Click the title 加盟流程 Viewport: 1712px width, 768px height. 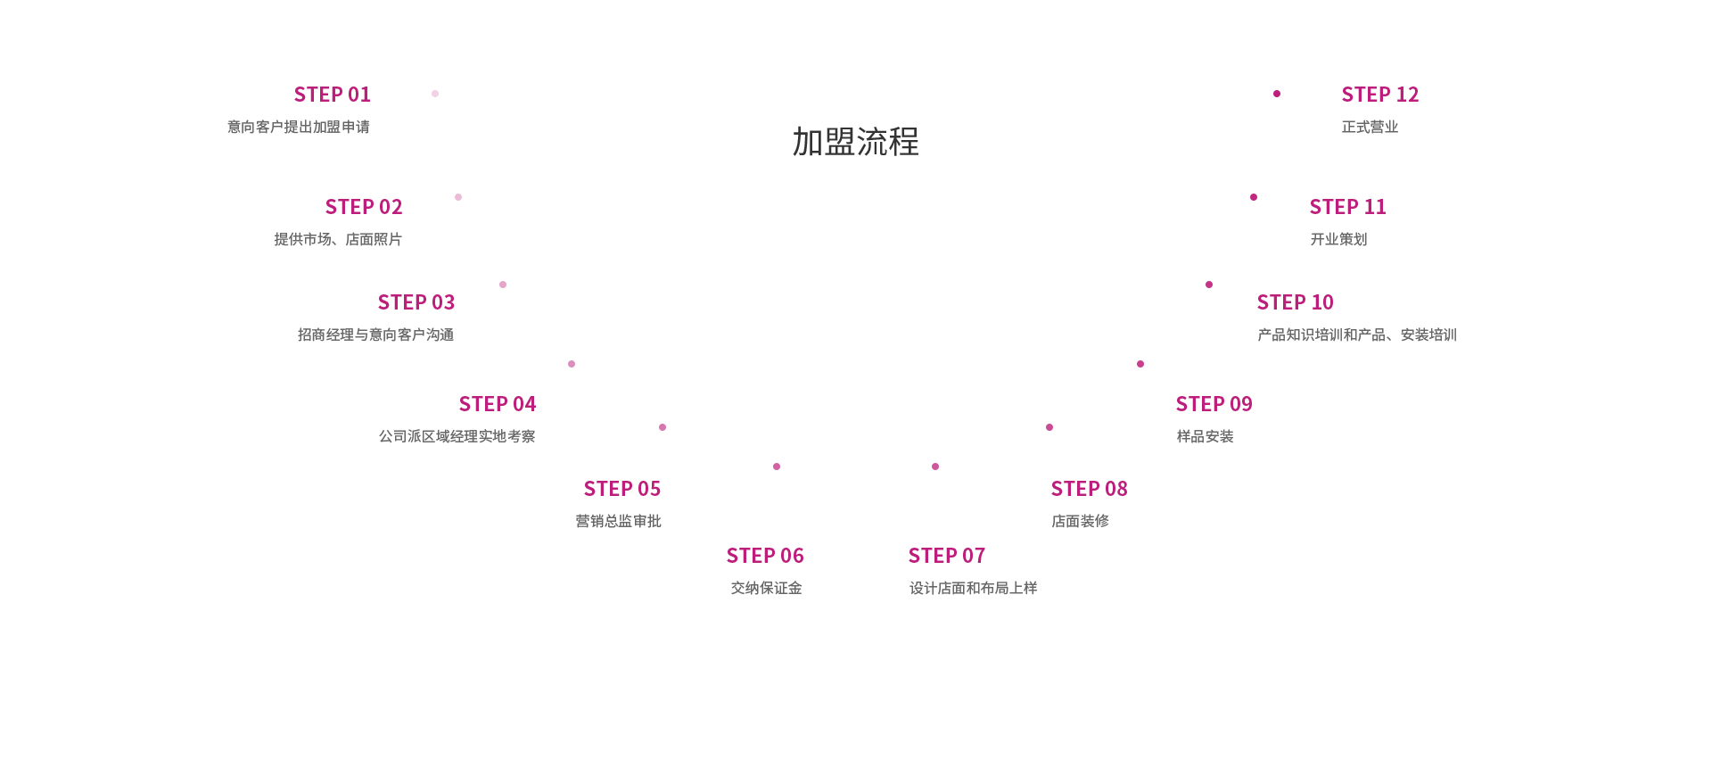coord(855,141)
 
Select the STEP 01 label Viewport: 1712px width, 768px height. coord(332,95)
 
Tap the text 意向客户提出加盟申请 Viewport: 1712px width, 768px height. coord(298,127)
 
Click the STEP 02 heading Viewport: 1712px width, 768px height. coord(364,207)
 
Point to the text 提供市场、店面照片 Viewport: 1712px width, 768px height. coord(337,239)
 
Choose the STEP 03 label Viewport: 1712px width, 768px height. coord(416,302)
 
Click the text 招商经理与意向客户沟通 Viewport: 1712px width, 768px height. coord(375,334)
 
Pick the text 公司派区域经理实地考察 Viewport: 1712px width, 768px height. coord(457,436)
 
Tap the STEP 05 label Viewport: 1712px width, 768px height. coord(622,489)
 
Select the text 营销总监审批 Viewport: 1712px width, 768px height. coord(619,521)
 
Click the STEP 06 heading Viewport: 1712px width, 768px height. coord(765,556)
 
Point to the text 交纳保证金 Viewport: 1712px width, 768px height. coord(767,588)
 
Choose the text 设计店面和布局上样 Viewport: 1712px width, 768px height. coord(973,588)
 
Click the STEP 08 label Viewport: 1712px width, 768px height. coord(1089,489)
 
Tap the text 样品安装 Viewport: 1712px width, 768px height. coord(1205,436)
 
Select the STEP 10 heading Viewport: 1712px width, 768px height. coord(1295,302)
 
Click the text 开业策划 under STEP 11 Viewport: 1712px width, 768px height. coord(1338,239)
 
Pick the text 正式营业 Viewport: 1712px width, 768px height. coord(1370,127)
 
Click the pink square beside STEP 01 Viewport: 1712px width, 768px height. coord(435,94)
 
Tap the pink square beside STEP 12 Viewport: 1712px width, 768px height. coord(1277,94)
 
